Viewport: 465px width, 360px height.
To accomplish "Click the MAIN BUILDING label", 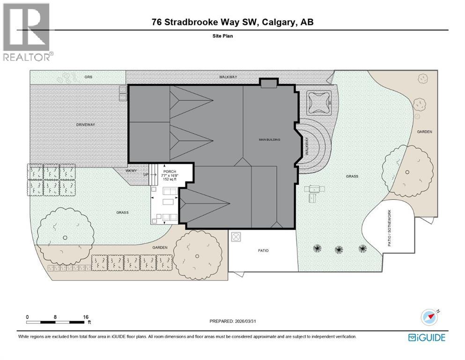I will [x=270, y=139].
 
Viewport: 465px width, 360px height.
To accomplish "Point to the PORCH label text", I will [x=170, y=172].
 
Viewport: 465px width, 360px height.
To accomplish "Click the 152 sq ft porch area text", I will [x=170, y=179].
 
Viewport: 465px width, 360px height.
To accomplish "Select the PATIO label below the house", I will [x=263, y=250].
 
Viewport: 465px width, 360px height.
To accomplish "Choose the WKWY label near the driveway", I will [x=131, y=171].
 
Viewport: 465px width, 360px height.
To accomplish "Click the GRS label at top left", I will [x=88, y=76].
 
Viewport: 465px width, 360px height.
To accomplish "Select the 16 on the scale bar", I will [x=86, y=317].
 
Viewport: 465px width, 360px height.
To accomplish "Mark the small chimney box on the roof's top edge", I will [x=269, y=83].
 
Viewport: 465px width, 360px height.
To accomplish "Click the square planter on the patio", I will [x=236, y=236].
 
